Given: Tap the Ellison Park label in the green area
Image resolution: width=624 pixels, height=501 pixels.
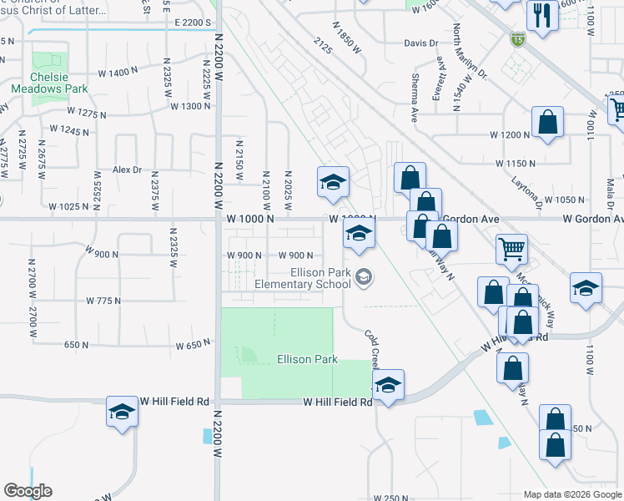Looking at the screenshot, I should [307, 359].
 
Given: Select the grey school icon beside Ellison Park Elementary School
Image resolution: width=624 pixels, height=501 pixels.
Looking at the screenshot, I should [363, 276].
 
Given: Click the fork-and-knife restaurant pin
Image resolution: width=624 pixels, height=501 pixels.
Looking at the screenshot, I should [542, 16].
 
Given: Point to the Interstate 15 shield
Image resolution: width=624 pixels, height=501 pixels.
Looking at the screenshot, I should [517, 38].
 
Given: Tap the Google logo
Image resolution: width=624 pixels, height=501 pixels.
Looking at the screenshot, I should [28, 491].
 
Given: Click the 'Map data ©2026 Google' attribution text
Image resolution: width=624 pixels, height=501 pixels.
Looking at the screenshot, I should [572, 494].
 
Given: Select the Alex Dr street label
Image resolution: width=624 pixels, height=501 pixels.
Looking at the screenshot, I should [128, 170].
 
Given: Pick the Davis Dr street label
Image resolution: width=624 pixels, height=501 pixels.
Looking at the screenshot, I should [420, 43].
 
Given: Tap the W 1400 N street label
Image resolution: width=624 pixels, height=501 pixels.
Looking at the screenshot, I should [117, 73].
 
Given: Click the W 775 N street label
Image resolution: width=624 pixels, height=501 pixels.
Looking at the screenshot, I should [103, 301].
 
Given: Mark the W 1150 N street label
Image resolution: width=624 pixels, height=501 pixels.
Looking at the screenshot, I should [515, 164].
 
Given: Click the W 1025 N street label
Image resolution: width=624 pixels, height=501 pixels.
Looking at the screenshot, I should [68, 206].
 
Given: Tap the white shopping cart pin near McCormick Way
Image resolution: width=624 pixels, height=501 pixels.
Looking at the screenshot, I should [511, 248].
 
